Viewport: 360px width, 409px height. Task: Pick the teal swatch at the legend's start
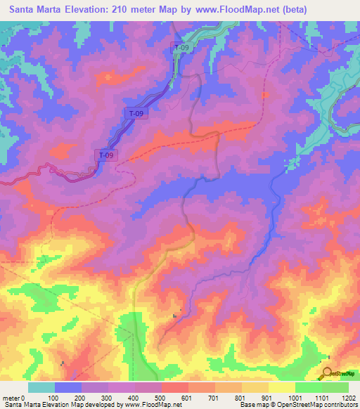(41, 387)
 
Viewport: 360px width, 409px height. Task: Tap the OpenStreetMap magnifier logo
(327, 373)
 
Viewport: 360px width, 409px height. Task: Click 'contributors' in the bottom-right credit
(340, 405)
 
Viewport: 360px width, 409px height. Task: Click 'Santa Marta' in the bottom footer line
(18, 405)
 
